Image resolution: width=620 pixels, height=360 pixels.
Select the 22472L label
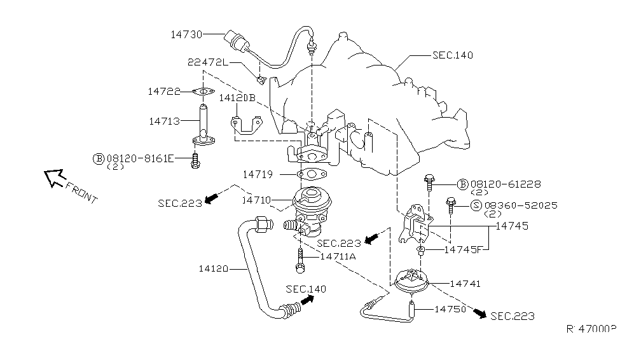(x=209, y=62)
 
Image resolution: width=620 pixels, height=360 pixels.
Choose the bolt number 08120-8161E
(x=139, y=158)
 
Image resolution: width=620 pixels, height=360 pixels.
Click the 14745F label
(x=463, y=250)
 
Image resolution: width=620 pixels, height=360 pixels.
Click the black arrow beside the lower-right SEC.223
(x=479, y=314)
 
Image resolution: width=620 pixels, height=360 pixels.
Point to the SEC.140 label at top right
(x=452, y=56)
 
